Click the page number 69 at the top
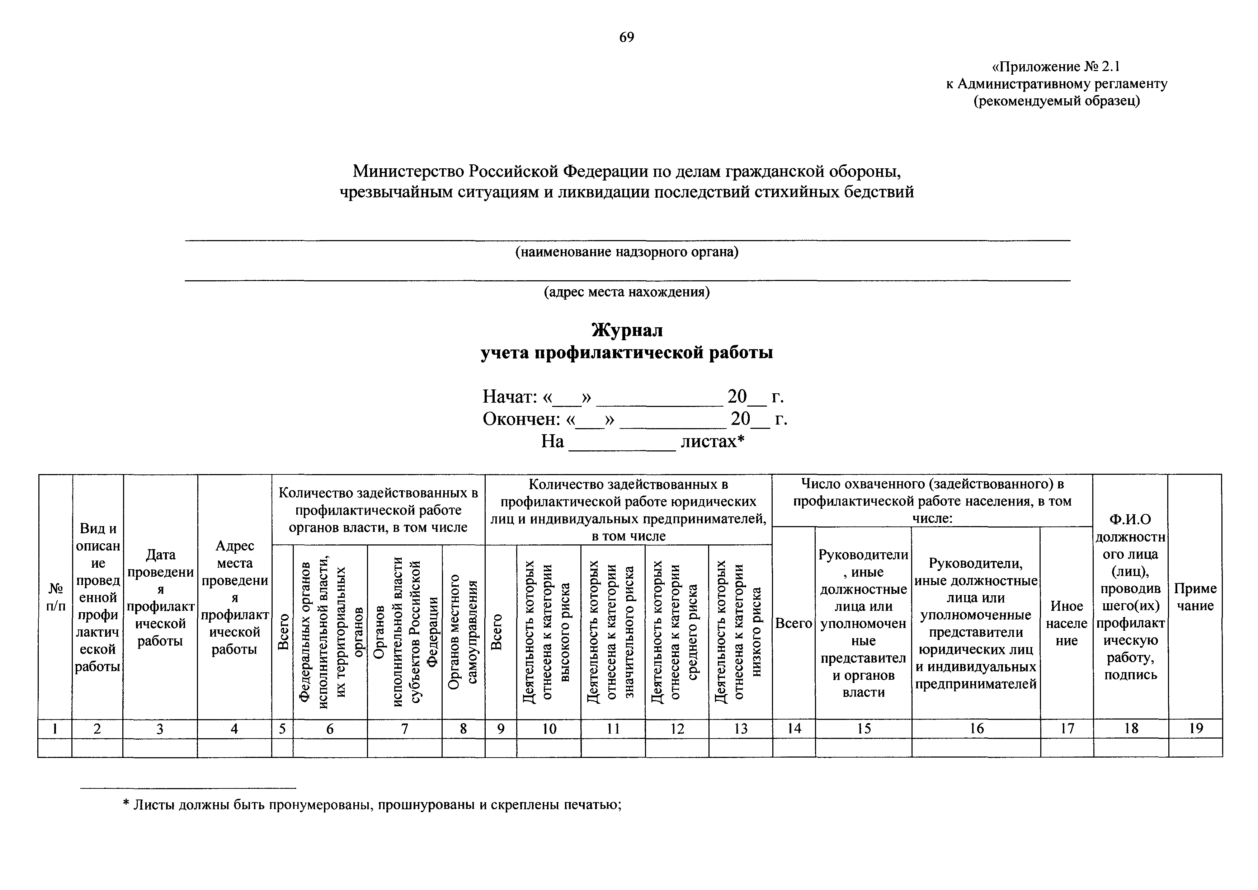[626, 37]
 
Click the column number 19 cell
[1196, 729]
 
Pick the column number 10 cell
[549, 729]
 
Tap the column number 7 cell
[404, 729]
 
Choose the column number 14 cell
[794, 729]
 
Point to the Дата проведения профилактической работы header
[160, 598]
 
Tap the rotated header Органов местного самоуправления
[463, 631]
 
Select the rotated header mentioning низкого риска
[740, 631]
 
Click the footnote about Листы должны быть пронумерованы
[373, 805]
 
